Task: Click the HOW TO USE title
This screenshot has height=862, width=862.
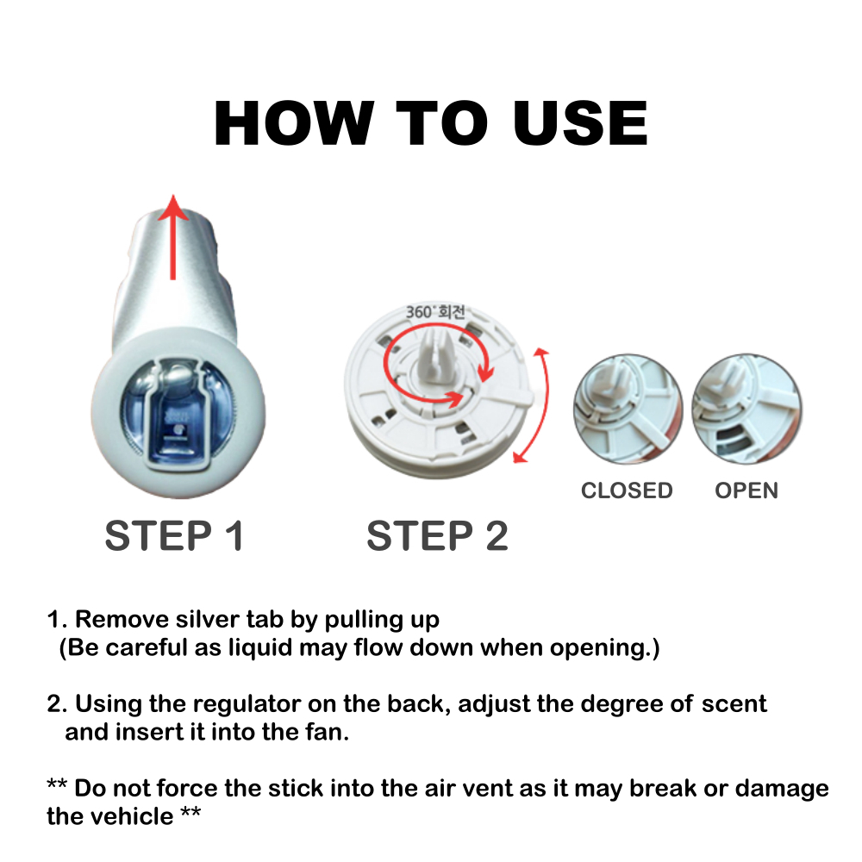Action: [431, 123]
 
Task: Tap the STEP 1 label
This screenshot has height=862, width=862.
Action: [174, 535]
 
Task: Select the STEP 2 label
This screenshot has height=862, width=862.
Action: [437, 535]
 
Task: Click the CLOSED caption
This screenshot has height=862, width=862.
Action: [627, 490]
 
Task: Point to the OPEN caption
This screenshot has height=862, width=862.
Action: [746, 490]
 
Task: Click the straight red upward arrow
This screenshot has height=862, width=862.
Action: [173, 237]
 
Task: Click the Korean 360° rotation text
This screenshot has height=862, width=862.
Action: [435, 312]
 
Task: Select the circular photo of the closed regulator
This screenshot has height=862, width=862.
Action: [628, 409]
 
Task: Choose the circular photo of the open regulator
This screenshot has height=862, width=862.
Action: [746, 409]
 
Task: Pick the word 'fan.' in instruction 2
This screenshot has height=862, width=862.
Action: [326, 732]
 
